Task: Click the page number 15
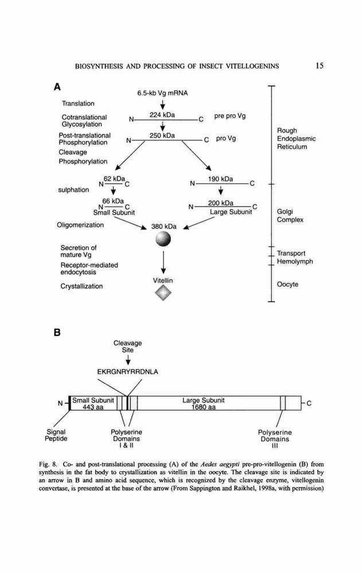coord(319,66)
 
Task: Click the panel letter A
coord(57,87)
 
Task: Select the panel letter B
coord(57,333)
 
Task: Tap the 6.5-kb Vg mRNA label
coord(163,94)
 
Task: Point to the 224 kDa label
coord(162,115)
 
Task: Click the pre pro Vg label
coord(230,116)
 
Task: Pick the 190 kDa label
coord(220,179)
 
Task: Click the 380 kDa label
coord(164,227)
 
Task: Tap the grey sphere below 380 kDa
coord(163,239)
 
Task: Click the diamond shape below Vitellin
coord(163,293)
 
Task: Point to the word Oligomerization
coord(80,225)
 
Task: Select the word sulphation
coord(73,190)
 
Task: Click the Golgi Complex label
coord(290,216)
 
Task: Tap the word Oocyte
coord(288,285)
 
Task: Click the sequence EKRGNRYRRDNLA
coord(127,372)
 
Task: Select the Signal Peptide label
coord(56,435)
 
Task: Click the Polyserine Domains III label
coord(275,439)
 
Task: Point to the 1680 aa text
coord(204,407)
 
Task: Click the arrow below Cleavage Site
coord(128,360)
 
